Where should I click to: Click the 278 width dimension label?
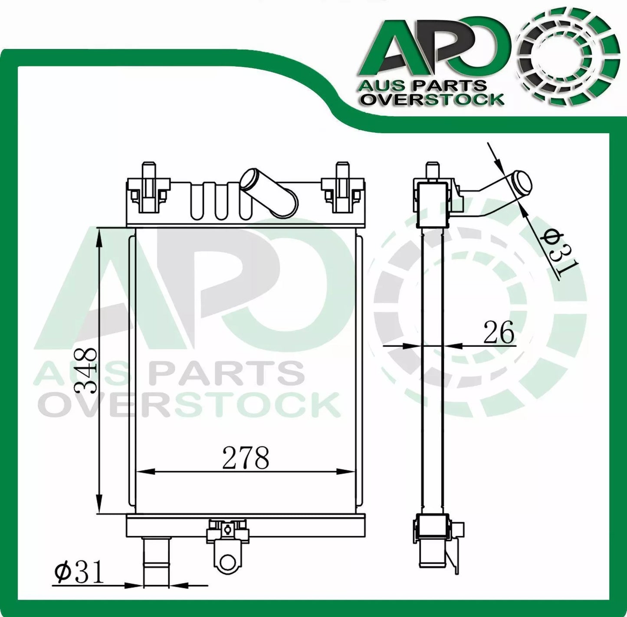(x=246, y=457)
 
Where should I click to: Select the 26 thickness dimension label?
(x=499, y=333)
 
